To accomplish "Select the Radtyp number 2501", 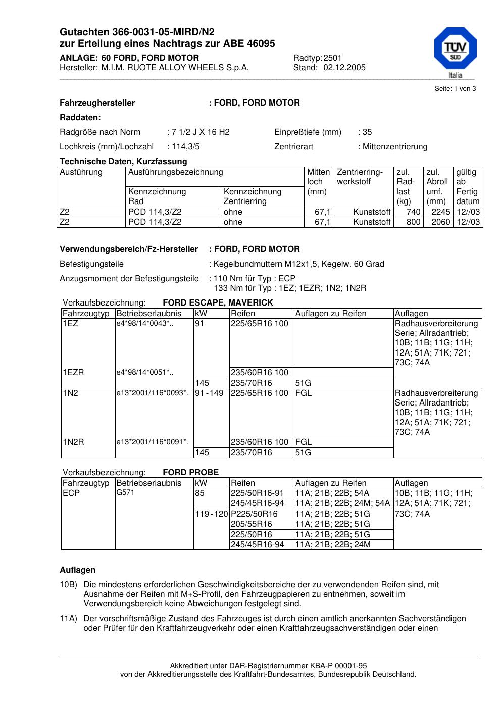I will coord(332,58).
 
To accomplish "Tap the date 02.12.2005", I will coord(344,68).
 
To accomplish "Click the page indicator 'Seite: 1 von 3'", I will coord(455,89).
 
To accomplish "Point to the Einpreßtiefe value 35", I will coord(367,132).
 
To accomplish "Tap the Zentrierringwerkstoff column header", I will coord(360,177).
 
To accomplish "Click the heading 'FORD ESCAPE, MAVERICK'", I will coord(218,303).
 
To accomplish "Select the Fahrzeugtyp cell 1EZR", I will coord(73,373).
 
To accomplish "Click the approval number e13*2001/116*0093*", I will coord(152,393).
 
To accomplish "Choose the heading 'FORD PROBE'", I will coord(190,473).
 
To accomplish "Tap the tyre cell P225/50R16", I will coord(254,514).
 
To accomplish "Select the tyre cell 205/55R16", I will coord(251,524).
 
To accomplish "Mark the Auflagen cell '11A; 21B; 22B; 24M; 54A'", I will coord(342,503).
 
